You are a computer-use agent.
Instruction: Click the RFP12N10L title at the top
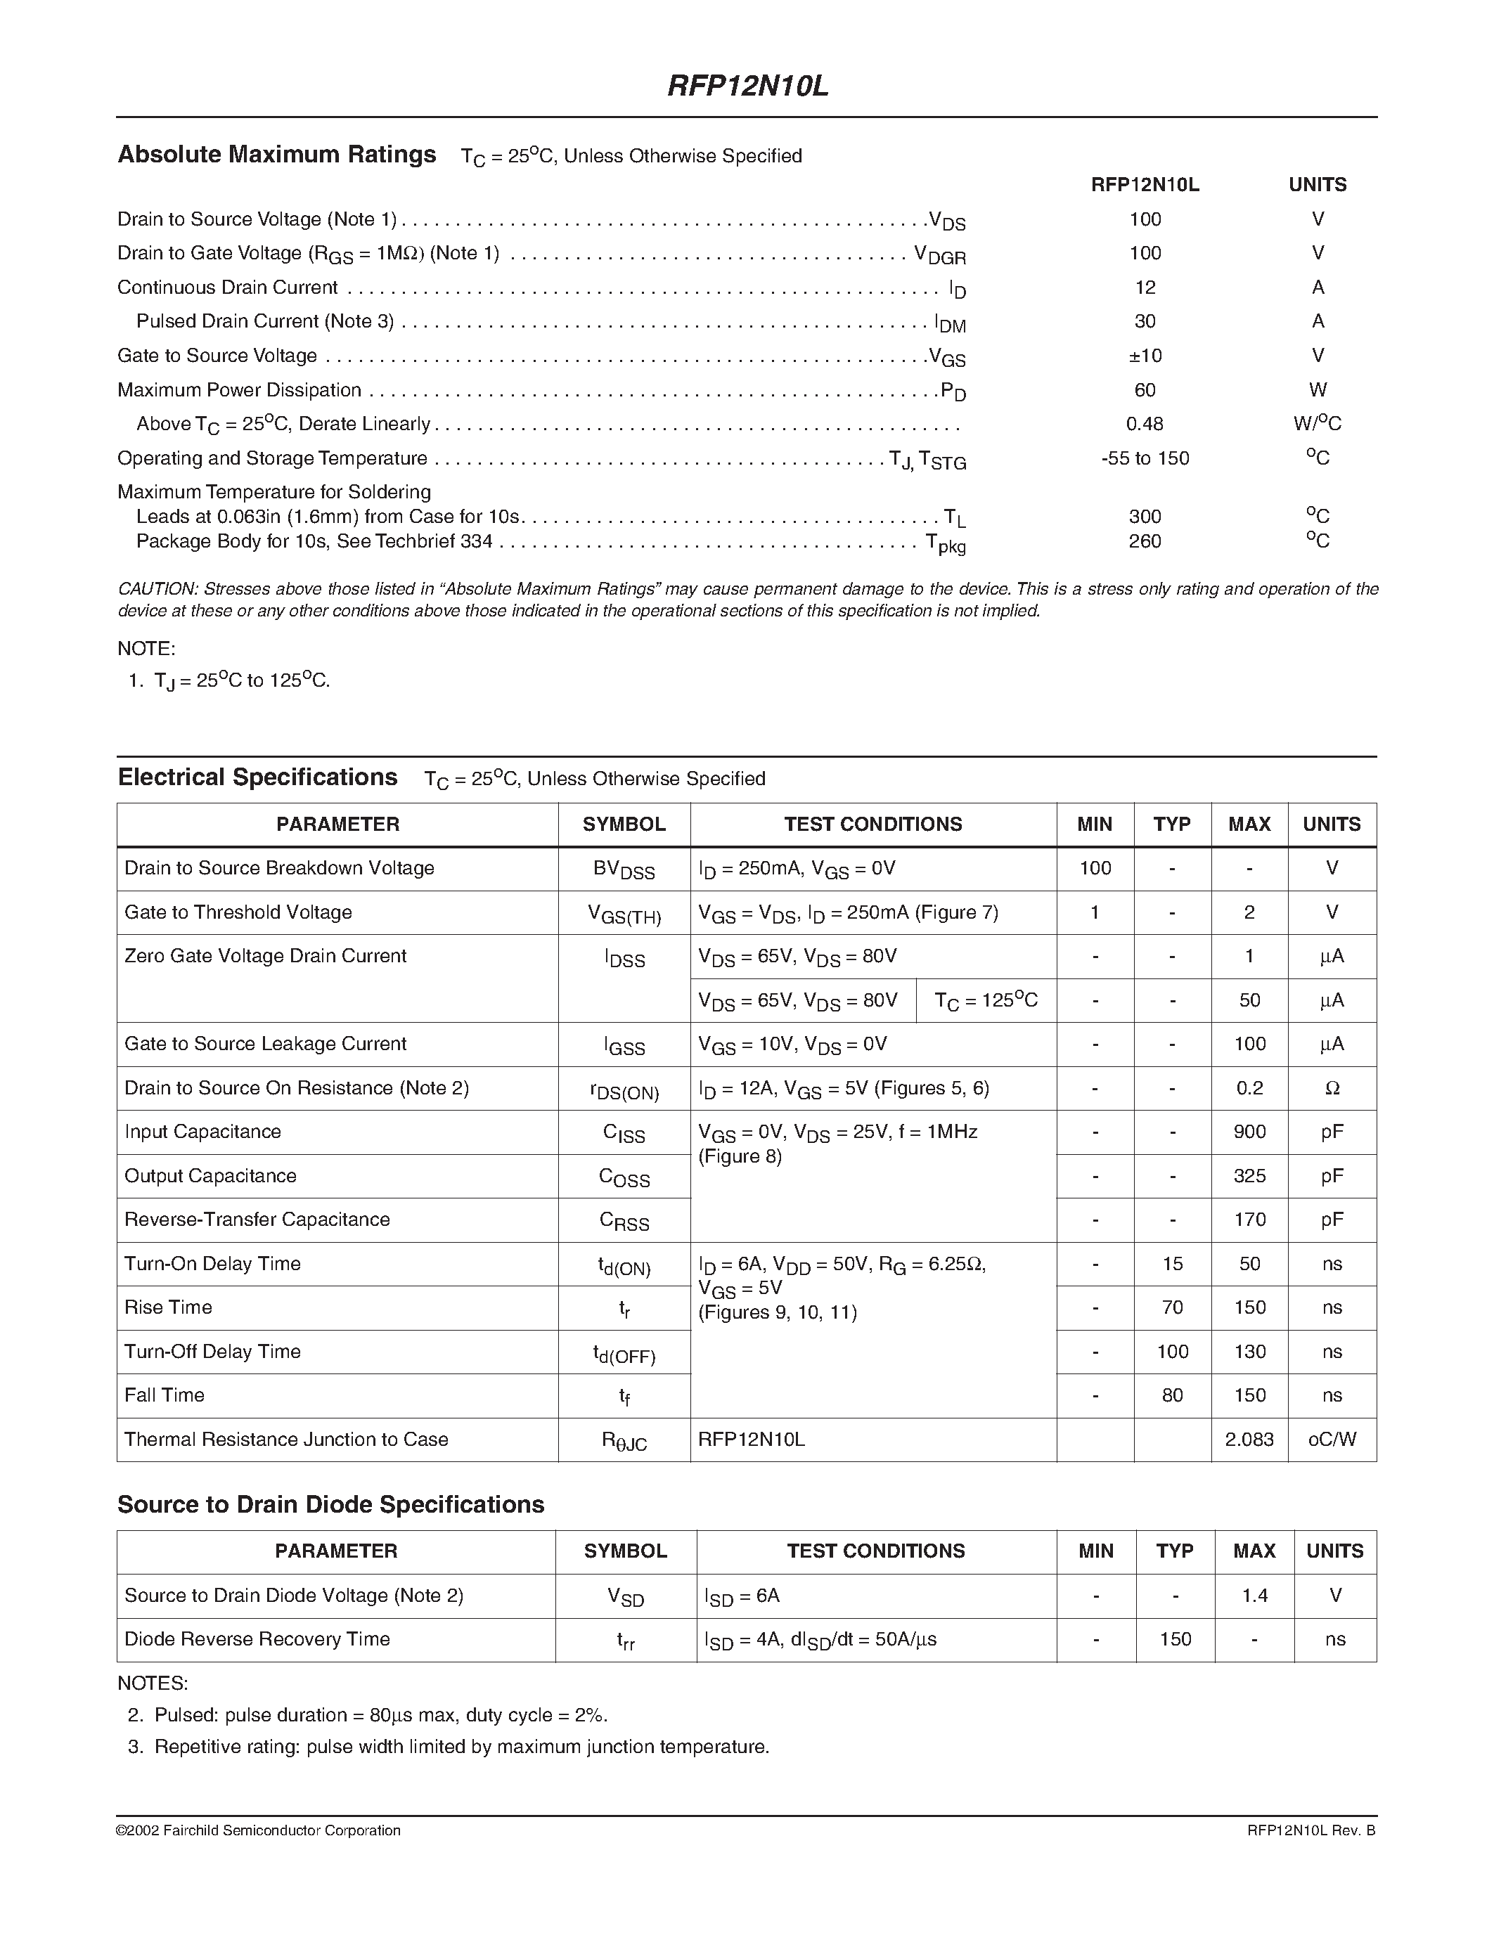click(747, 86)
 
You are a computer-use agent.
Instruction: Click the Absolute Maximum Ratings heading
click(277, 155)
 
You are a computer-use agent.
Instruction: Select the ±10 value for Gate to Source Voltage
click(1145, 356)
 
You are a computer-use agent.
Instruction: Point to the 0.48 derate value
click(1145, 424)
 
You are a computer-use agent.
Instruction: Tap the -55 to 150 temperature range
click(1145, 458)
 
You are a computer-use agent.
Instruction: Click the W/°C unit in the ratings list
click(1317, 424)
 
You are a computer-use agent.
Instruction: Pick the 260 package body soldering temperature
click(1145, 541)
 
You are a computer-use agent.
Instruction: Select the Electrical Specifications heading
click(257, 778)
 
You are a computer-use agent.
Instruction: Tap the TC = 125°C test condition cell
click(986, 1001)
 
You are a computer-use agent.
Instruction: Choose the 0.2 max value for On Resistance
click(1249, 1089)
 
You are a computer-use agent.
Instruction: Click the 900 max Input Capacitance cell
click(1249, 1132)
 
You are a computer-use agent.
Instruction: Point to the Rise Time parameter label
click(168, 1308)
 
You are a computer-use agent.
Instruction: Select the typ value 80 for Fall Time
click(1172, 1396)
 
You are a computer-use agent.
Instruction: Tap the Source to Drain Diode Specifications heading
click(331, 1505)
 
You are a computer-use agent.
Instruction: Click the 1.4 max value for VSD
click(1254, 1596)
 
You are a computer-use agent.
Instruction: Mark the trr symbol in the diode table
click(626, 1640)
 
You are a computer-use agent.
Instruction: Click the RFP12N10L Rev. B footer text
click(1311, 1830)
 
